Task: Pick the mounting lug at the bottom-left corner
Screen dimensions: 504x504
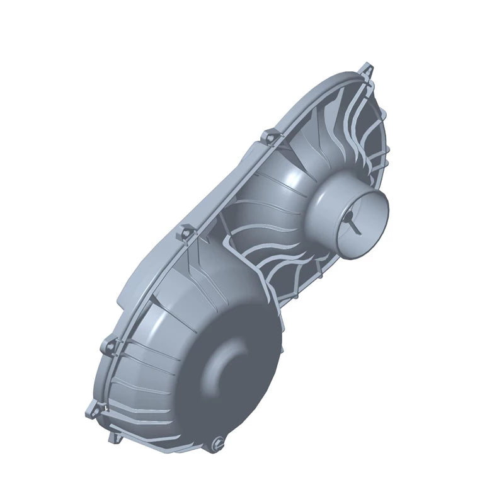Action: point(89,411)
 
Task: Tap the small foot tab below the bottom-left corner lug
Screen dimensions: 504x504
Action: point(114,437)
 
